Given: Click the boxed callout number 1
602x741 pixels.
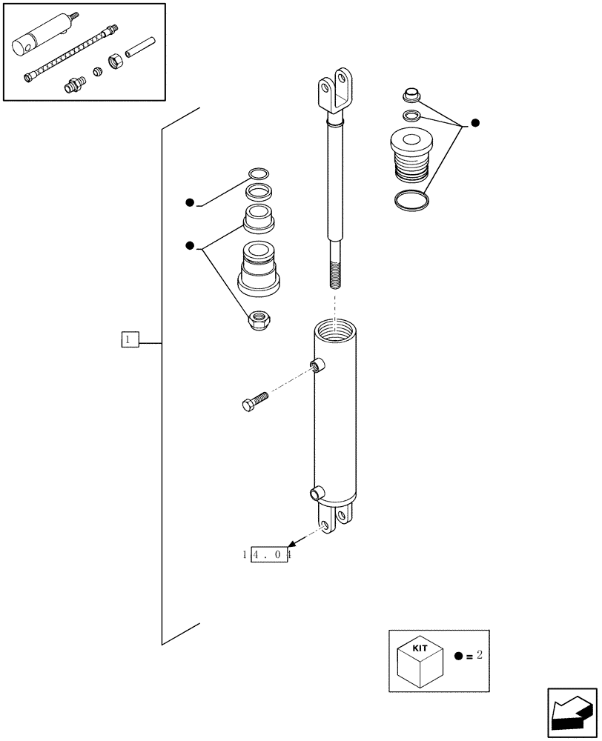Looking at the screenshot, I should tap(130, 339).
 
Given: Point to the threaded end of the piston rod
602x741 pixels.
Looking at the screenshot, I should tap(334, 274).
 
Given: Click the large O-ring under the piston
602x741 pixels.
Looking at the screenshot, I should tap(411, 199).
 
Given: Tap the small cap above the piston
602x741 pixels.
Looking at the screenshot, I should tap(411, 94).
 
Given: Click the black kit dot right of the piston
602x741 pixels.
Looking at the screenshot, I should tap(475, 123).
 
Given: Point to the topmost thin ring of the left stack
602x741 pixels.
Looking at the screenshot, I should tap(258, 174).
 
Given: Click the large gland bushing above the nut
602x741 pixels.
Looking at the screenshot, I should tap(259, 267).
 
